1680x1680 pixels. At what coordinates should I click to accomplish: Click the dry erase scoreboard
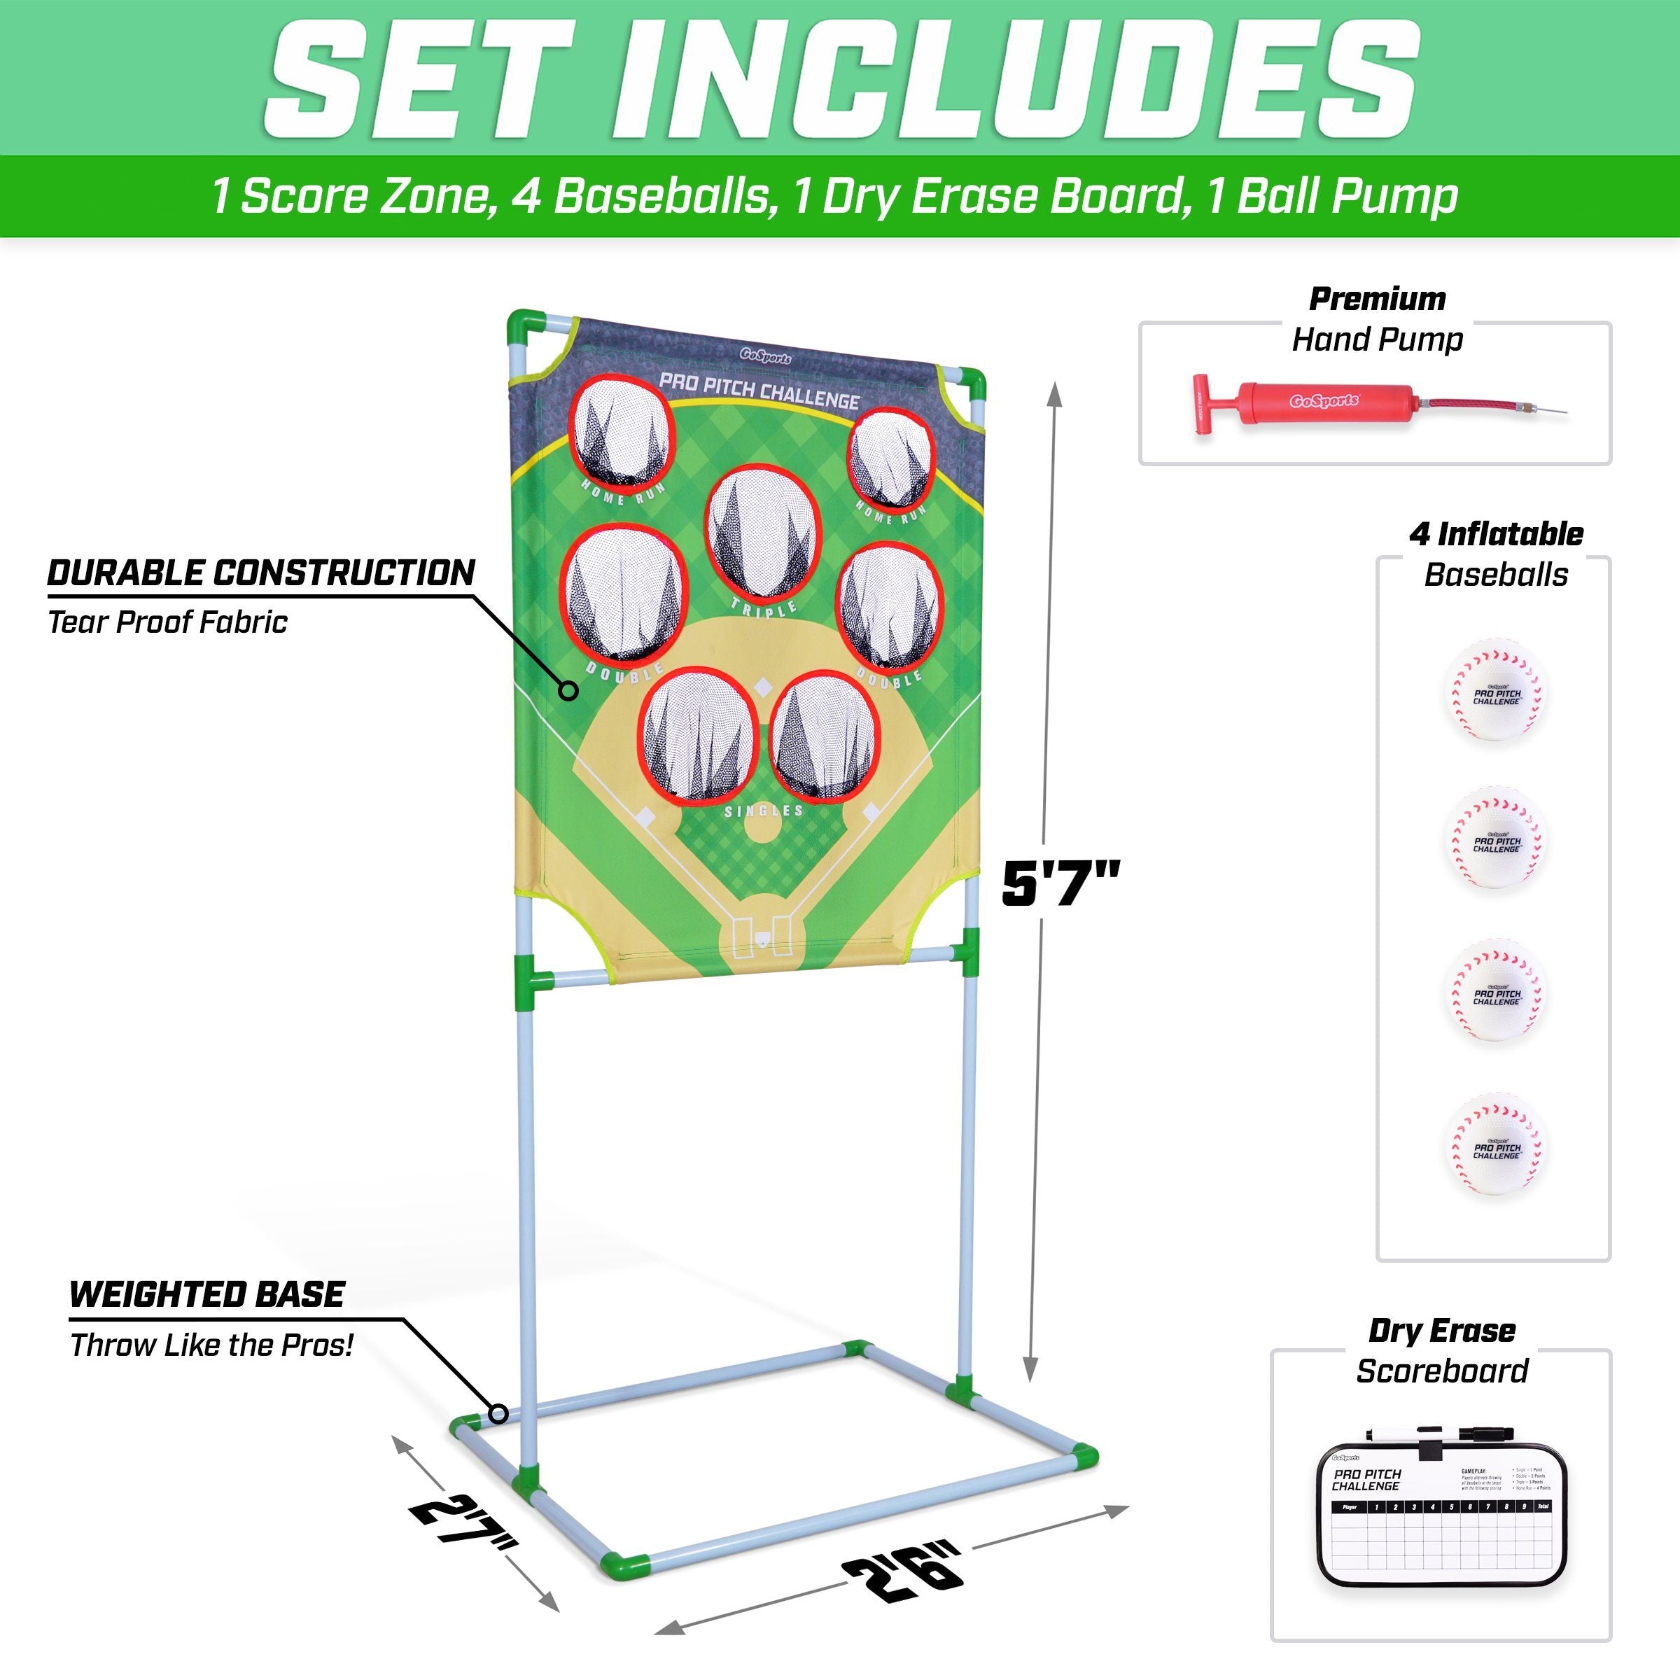(x=1440, y=1532)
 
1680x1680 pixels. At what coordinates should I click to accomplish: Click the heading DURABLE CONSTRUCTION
(x=261, y=573)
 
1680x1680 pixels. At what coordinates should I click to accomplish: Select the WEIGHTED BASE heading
(x=207, y=1295)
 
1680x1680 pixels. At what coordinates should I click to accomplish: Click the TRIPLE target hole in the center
(x=762, y=535)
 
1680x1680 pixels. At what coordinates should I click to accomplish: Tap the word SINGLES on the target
(x=764, y=811)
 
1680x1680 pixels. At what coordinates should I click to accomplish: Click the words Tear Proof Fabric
(x=167, y=622)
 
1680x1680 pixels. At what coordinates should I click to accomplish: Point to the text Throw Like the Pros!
(x=211, y=1345)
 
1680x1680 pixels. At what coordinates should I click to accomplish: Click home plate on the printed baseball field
(x=762, y=939)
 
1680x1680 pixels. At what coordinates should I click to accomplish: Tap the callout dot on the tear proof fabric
(x=568, y=692)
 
